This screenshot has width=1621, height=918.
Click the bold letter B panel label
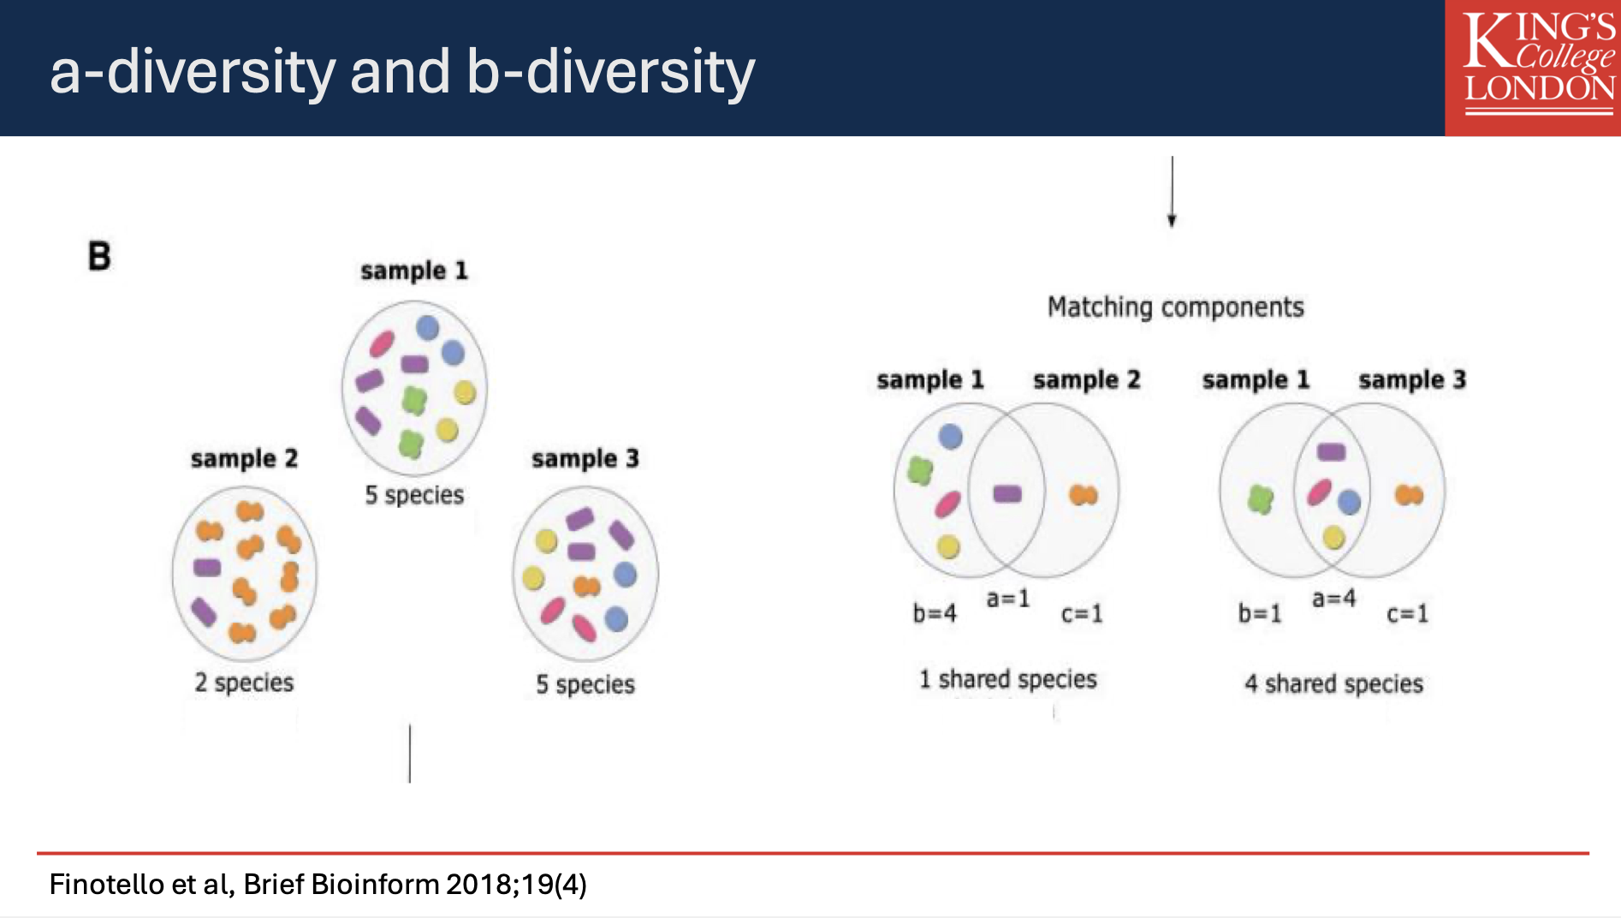[x=99, y=256]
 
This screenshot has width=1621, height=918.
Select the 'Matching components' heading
[x=1175, y=307]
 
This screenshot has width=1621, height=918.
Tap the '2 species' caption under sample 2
[x=244, y=683]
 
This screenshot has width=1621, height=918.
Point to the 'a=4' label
[x=1333, y=598]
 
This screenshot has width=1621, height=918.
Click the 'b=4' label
[x=934, y=613]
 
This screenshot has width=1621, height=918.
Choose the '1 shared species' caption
[x=1007, y=679]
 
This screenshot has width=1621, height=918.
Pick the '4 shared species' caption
[x=1333, y=683]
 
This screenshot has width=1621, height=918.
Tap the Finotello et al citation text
[x=318, y=884]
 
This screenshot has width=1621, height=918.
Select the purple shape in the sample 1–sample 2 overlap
[x=1006, y=494]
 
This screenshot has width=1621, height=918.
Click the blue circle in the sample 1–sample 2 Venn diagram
[x=950, y=437]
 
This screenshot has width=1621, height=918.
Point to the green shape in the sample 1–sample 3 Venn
[x=1260, y=498]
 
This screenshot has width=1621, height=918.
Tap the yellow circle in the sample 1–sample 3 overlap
[x=1333, y=538]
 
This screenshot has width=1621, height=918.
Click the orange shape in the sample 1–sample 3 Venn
[x=1409, y=495]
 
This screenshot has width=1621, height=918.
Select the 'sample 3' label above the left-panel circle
[x=585, y=459]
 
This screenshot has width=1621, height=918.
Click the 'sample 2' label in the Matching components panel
[x=1086, y=379]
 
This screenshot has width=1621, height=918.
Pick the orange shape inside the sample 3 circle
[x=586, y=587]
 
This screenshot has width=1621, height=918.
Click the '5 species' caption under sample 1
[x=414, y=495]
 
